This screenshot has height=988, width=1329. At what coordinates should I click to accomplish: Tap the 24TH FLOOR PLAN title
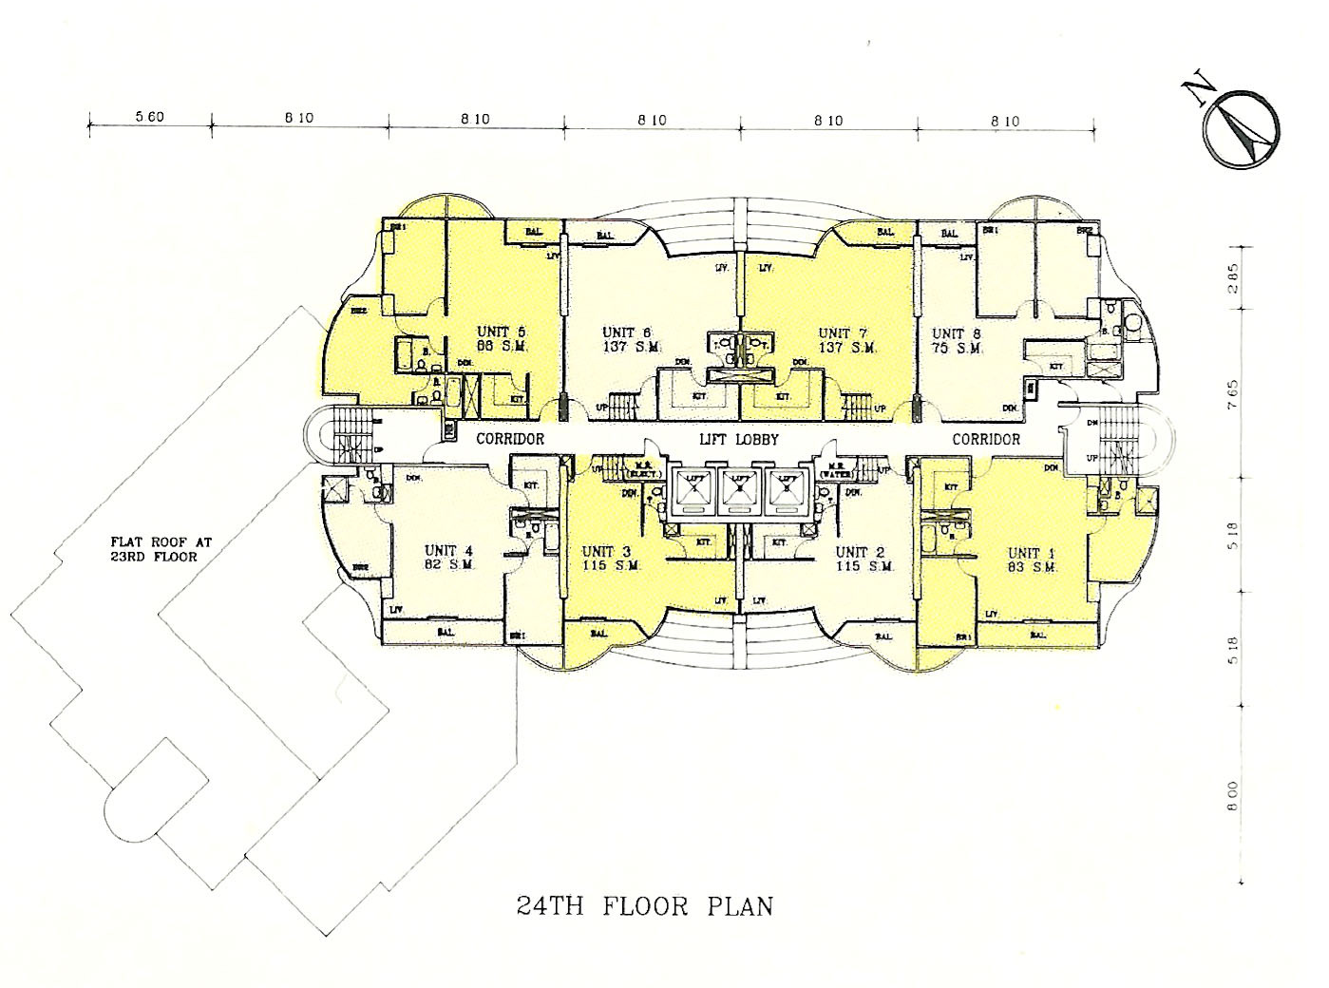(644, 904)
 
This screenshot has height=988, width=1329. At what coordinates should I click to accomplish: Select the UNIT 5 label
(501, 332)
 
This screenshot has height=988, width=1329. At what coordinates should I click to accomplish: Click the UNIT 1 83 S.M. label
(1032, 560)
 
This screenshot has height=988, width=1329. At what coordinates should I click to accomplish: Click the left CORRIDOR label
(510, 438)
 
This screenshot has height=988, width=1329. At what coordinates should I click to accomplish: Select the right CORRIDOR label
(986, 438)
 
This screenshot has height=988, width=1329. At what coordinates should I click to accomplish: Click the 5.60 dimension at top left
(149, 119)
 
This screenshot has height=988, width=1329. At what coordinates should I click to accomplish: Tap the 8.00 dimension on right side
(1233, 794)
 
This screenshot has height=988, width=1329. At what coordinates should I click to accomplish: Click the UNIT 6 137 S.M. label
(626, 340)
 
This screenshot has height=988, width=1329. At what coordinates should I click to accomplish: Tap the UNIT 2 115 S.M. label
(860, 558)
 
